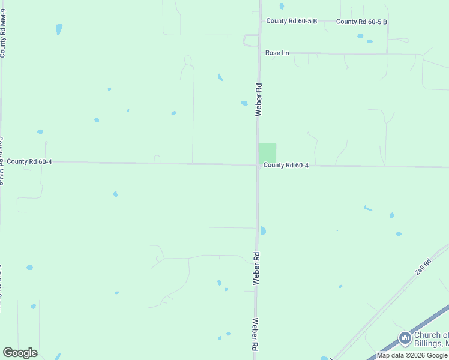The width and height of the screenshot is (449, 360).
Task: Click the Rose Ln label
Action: pyautogui.click(x=277, y=53)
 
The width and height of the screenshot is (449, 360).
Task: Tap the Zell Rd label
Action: pyautogui.click(x=423, y=267)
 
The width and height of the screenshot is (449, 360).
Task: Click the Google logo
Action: pyautogui.click(x=20, y=353)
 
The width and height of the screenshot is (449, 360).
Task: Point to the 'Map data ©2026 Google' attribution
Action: pyautogui.click(x=412, y=355)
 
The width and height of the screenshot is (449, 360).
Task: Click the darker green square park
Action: pyautogui.click(x=267, y=152)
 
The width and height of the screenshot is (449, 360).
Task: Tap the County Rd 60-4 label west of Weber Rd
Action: pyautogui.click(x=29, y=161)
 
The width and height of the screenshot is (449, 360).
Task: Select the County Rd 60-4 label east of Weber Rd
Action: pyautogui.click(x=286, y=165)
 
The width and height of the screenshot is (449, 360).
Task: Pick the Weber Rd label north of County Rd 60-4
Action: pyautogui.click(x=259, y=99)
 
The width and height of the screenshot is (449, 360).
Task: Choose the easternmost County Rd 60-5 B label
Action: pyautogui.click(x=361, y=22)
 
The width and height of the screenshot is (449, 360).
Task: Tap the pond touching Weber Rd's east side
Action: pyautogui.click(x=263, y=230)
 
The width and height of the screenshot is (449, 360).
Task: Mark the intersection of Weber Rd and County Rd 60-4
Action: pyautogui.click(x=258, y=165)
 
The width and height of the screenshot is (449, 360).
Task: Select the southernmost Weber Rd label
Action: pyautogui.click(x=255, y=334)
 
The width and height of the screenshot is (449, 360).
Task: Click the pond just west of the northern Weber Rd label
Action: pyautogui.click(x=244, y=103)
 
